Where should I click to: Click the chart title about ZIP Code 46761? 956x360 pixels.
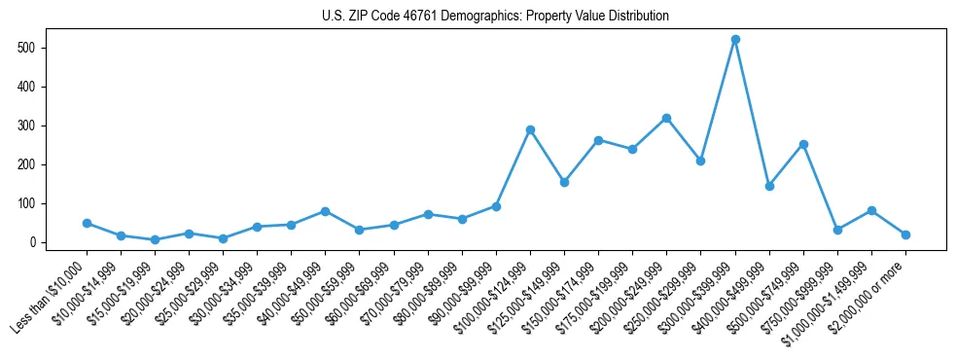(x=495, y=17)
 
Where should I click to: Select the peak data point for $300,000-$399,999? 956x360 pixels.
(x=735, y=40)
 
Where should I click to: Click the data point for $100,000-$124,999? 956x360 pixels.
(x=530, y=129)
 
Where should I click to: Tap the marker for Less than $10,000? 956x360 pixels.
(x=87, y=223)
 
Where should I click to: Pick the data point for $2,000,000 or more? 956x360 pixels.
(x=905, y=234)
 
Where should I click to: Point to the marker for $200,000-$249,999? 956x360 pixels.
(x=666, y=118)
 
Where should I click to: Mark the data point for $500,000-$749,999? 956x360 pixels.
(x=803, y=144)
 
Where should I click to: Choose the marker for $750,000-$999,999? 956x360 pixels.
(x=837, y=230)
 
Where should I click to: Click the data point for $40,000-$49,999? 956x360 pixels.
(x=325, y=211)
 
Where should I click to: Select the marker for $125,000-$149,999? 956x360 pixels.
(x=564, y=182)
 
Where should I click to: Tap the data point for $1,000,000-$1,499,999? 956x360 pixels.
(x=871, y=210)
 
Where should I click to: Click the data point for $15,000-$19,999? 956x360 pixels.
(x=155, y=239)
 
